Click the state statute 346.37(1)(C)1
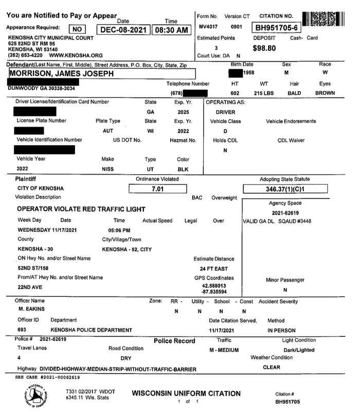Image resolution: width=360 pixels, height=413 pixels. [x=285, y=189]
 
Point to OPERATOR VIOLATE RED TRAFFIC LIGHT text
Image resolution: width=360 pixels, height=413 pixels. [x=81, y=209]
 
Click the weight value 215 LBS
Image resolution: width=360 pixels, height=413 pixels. [x=265, y=93]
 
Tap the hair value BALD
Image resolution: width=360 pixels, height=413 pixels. [x=294, y=93]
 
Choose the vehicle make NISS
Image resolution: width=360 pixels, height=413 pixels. [x=109, y=168]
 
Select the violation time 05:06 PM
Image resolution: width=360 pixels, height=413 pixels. [x=119, y=230]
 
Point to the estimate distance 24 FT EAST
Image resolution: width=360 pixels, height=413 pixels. [x=213, y=268]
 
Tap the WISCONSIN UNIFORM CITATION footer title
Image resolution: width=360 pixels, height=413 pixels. [x=186, y=393]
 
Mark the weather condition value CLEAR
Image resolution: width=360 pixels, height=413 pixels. [x=271, y=367]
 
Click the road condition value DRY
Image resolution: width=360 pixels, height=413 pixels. [x=126, y=358]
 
